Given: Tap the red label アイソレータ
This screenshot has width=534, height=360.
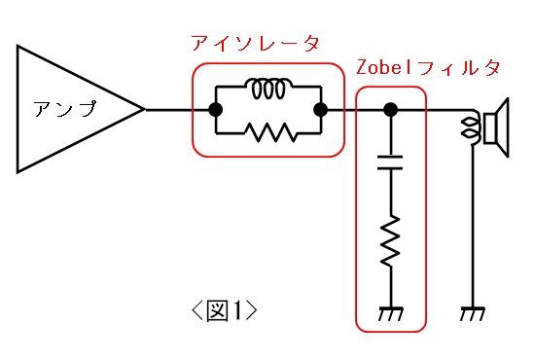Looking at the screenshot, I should coord(256,44).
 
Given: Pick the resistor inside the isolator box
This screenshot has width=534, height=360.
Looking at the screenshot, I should coord(268,132).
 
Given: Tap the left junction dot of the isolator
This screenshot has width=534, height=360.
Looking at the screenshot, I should coord(215,110).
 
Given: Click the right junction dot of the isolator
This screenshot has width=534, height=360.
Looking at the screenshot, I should coord(322,110).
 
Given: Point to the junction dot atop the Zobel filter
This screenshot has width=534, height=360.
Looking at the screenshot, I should coord(390,110).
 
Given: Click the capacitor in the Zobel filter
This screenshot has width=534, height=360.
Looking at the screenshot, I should coord(390,162).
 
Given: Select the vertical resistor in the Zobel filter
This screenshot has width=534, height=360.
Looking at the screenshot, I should coord(390,242).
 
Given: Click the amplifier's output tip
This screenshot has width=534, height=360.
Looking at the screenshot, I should coord(145,110).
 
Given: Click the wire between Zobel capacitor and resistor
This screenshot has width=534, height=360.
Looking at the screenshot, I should coord(390,195).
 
